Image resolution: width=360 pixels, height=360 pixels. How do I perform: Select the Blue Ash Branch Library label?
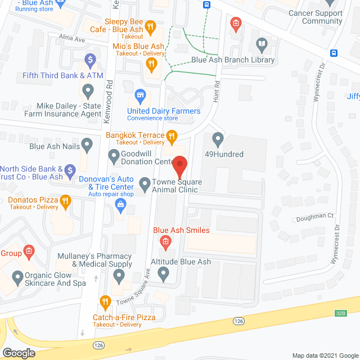pos(233,60)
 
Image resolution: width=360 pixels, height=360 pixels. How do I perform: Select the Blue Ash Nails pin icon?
pos(87,146)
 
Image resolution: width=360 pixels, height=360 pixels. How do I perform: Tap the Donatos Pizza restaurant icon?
pos(65,200)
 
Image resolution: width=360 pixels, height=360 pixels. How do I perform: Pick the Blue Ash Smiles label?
pos(182,230)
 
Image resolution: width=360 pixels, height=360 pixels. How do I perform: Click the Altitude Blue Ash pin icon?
pos(164,274)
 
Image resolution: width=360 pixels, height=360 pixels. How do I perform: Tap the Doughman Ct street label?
pos(314,215)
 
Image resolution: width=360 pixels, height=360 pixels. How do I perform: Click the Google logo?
pos(19,353)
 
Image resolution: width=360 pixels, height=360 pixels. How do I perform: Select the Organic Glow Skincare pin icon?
pos(17,277)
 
